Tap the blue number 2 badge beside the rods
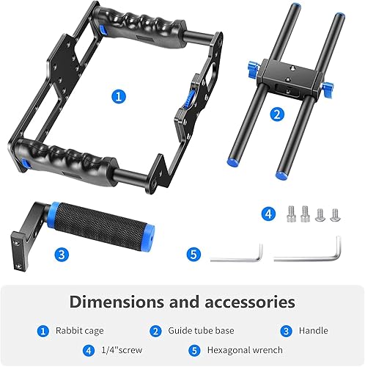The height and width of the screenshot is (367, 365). [276, 114]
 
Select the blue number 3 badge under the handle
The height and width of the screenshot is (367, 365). [63, 254]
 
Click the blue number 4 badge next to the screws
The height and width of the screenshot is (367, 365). [270, 214]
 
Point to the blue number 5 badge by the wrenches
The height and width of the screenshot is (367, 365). [193, 255]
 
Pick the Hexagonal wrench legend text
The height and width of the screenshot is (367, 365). [246, 350]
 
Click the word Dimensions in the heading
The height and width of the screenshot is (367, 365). [117, 302]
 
